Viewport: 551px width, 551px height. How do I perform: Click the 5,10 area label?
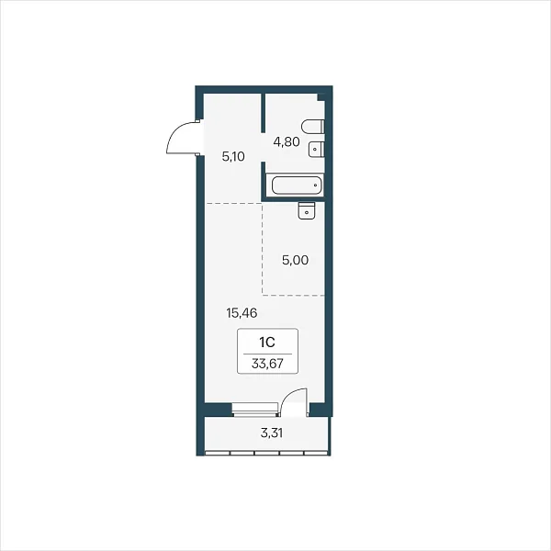pos(233,156)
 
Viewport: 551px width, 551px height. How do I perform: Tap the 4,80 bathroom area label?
pos(287,142)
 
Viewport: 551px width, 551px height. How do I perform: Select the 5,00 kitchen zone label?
pos(295,260)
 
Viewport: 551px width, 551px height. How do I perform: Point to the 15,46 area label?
pos(242,313)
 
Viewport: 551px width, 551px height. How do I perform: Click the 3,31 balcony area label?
pos(272,433)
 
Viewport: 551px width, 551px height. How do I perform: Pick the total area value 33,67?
pos(267,364)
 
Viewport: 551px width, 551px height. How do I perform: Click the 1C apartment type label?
pos(267,343)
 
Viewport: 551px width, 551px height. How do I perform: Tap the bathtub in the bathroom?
pos(297,186)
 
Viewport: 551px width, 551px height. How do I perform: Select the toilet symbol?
pos(313,127)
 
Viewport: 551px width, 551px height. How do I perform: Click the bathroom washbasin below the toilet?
pos(316,150)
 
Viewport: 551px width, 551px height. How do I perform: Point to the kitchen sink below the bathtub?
pos(307,210)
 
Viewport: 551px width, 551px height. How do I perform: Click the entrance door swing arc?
pos(176,135)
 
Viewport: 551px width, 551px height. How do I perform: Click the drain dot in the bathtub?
pos(316,186)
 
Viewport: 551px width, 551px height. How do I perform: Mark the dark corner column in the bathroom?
pos(322,97)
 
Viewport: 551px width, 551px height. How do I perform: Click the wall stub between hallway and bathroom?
pos(263,112)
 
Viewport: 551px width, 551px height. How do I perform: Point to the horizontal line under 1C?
pos(267,354)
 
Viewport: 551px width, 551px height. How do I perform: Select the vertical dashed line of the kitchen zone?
pos(262,249)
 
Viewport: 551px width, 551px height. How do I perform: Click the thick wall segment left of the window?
pos(219,410)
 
